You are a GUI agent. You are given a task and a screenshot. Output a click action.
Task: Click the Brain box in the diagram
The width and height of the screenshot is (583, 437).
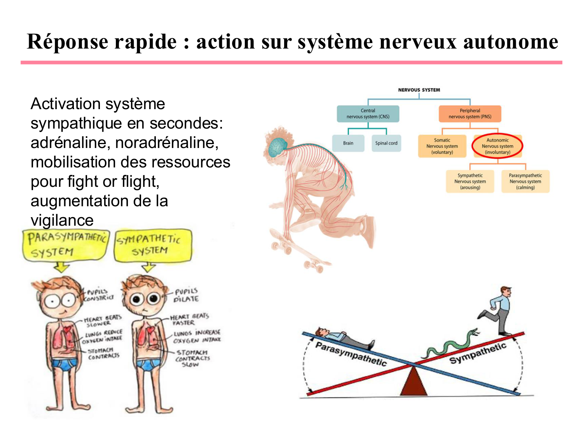348,143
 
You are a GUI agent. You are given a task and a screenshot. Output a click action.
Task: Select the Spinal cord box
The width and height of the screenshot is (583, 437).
386,143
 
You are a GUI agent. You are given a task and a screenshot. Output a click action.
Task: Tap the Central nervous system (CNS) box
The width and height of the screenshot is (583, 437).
368,114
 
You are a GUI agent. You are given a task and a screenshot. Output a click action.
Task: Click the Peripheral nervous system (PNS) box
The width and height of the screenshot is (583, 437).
470,114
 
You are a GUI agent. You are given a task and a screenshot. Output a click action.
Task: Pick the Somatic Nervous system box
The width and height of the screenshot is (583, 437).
442,146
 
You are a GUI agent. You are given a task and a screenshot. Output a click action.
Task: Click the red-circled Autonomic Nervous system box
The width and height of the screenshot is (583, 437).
497,146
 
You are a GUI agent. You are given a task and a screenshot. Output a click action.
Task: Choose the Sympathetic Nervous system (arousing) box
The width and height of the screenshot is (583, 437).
470,181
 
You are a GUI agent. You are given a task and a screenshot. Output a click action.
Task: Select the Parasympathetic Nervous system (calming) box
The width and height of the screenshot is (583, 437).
525,181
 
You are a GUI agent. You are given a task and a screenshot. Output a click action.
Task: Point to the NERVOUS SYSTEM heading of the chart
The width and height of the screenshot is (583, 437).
419,90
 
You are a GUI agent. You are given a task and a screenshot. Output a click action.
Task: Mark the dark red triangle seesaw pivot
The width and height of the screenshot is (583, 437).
414,383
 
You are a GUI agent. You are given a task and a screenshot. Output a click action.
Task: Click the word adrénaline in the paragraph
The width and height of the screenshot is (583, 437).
69,143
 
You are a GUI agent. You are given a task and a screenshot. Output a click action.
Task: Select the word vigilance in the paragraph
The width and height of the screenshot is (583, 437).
62,221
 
